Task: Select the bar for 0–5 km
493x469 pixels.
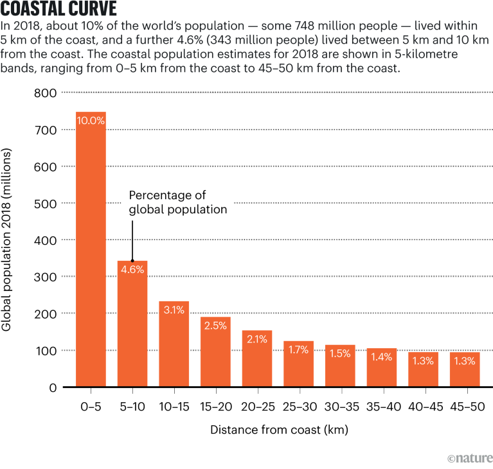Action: (91, 257)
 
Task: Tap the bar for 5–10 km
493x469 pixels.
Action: (132, 328)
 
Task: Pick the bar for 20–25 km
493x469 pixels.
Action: (257, 363)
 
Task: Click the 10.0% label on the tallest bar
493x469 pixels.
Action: (91, 120)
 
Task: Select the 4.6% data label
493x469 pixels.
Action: (132, 269)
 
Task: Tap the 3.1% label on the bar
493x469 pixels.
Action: (174, 310)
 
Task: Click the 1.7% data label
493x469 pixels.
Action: (299, 350)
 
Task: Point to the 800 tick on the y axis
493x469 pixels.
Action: (44, 93)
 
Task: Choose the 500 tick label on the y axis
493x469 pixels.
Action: (44, 204)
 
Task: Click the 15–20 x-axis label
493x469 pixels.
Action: (215, 407)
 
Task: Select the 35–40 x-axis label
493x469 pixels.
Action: (382, 407)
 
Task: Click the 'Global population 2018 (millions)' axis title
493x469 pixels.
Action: (9, 240)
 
